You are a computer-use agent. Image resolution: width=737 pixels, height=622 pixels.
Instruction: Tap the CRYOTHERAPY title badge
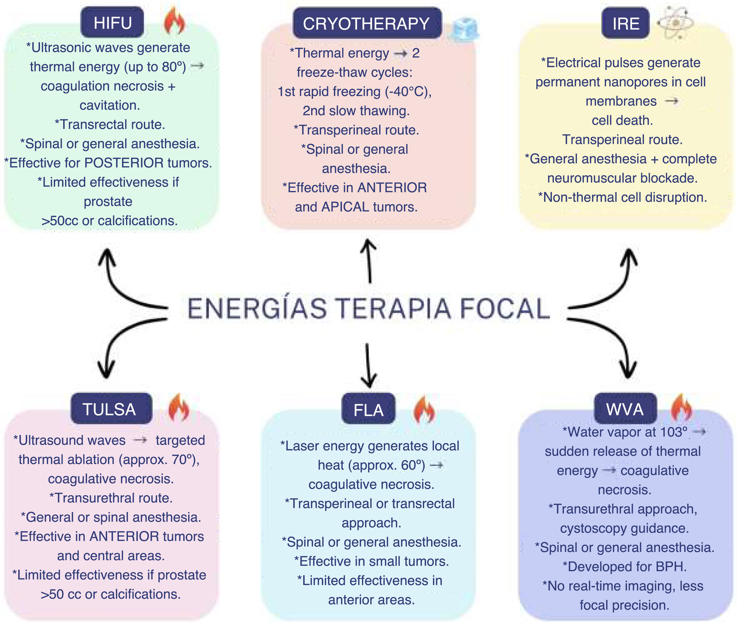coord(367,23)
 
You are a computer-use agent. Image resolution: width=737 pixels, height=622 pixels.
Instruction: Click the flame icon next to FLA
coord(424,409)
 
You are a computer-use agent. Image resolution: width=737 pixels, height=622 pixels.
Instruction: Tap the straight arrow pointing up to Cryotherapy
coord(369,261)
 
